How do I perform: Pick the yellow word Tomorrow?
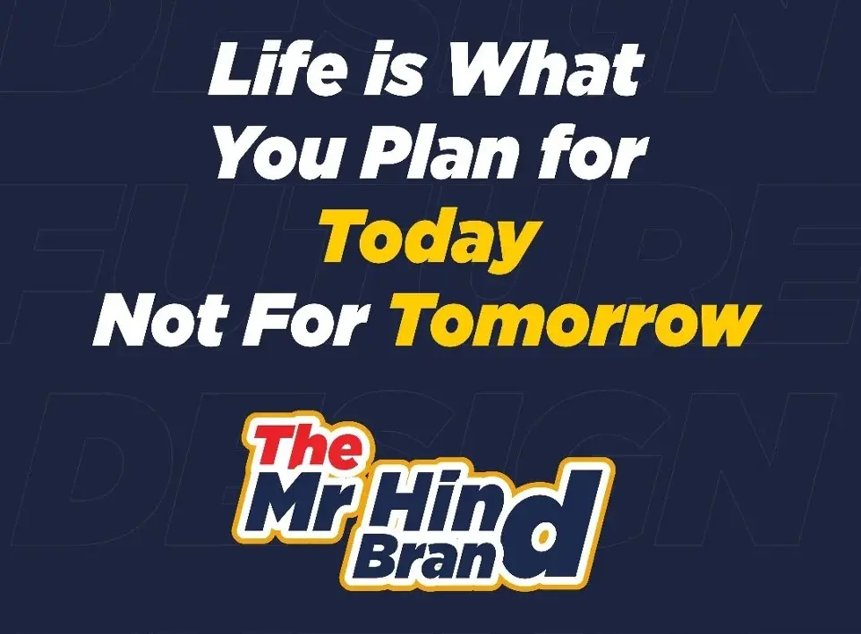tap(576, 319)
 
